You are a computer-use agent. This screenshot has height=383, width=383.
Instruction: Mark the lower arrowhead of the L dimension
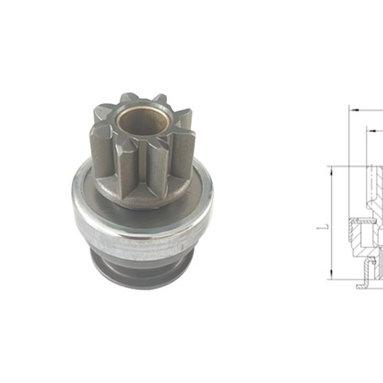tap(330, 275)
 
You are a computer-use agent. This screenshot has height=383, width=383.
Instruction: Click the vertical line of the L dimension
tap(330, 222)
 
